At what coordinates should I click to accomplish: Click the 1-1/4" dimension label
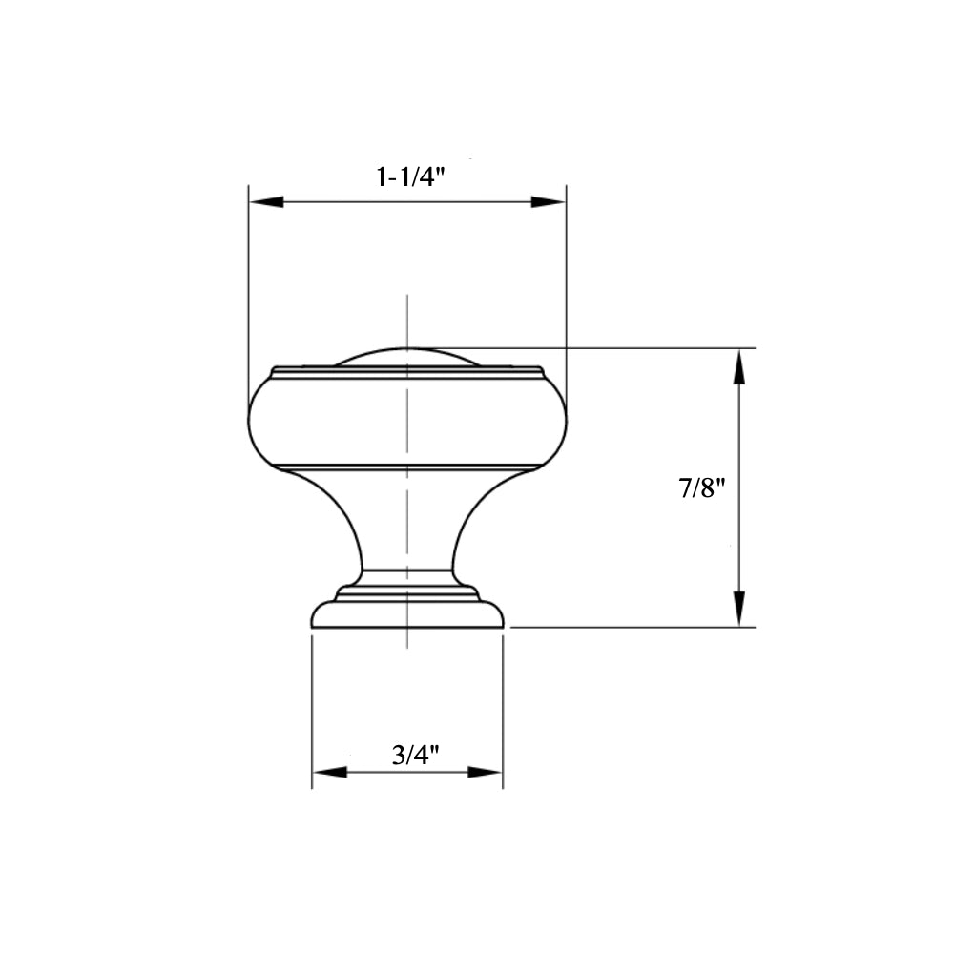point(411,177)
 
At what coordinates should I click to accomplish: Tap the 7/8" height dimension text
point(702,488)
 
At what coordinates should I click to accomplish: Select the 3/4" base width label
point(415,756)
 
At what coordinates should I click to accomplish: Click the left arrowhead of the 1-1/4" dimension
point(266,202)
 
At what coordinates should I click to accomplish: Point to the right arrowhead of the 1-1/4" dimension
point(549,202)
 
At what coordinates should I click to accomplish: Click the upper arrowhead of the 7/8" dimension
point(738,367)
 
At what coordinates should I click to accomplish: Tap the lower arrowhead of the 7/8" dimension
point(738,609)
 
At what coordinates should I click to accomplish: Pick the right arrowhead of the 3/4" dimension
point(486,772)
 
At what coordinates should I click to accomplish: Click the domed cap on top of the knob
point(407,357)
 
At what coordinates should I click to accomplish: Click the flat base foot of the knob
point(407,615)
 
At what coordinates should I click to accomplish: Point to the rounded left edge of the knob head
point(251,420)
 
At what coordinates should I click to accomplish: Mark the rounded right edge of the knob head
point(564,420)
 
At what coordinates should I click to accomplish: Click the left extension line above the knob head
point(249,286)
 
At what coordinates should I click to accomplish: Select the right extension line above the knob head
point(567,286)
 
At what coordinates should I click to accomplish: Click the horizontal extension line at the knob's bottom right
point(630,627)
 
